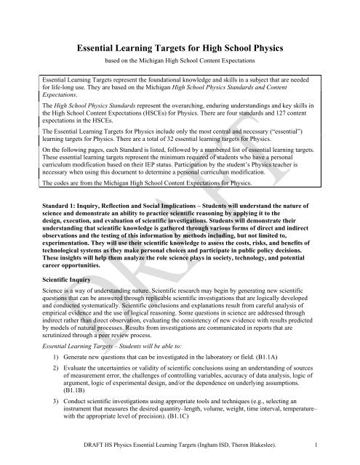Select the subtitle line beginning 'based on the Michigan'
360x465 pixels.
(x=180, y=61)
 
